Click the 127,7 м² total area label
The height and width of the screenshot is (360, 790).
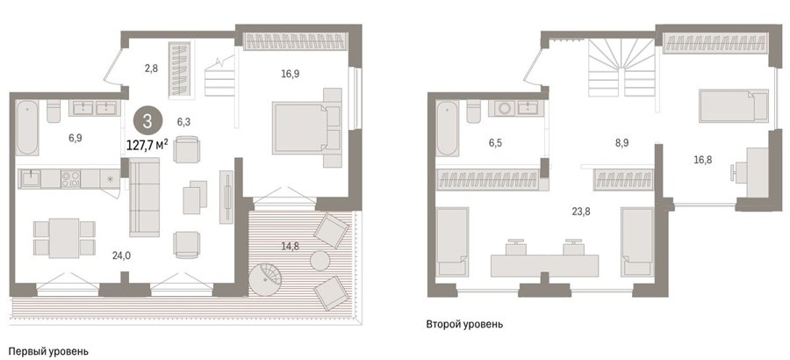pyautogui.click(x=147, y=145)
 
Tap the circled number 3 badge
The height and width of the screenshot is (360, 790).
pyautogui.click(x=147, y=121)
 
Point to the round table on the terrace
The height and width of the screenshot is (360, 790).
pyautogui.click(x=320, y=260)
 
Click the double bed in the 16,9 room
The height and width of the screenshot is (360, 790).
pyautogui.click(x=306, y=127)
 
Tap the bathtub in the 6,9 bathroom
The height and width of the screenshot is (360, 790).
pyautogui.click(x=27, y=128)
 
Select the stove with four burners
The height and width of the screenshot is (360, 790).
pyautogui.click(x=70, y=178)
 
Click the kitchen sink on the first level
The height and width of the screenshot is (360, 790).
pyautogui.click(x=31, y=178)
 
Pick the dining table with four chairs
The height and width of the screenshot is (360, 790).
pyautogui.click(x=64, y=238)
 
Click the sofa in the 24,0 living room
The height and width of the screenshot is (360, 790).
pyautogui.click(x=145, y=198)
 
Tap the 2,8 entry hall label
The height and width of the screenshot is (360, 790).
pyautogui.click(x=151, y=68)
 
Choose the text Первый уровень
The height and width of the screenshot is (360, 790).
pyautogui.click(x=49, y=351)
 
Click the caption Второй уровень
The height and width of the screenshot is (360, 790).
pyautogui.click(x=464, y=324)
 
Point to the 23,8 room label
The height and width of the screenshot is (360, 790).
pyautogui.click(x=581, y=212)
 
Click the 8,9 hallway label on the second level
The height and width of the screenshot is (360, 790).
pyautogui.click(x=621, y=143)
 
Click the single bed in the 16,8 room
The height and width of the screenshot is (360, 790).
pyautogui.click(x=734, y=106)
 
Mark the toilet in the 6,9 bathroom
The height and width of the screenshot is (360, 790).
pyautogui.click(x=54, y=112)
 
